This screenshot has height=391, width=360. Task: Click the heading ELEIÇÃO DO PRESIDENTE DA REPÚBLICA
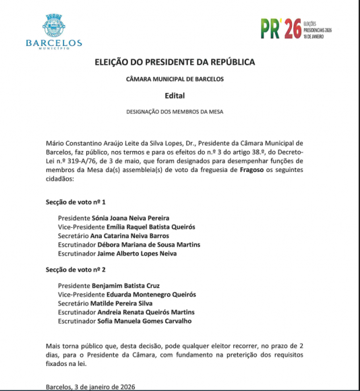pos(175,62)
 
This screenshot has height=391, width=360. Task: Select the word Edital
pos(175,96)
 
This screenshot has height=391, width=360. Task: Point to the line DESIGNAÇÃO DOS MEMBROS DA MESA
pos(175,111)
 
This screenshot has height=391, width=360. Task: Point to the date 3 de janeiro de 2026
pos(104,387)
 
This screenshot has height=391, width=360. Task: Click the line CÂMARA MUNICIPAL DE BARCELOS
pos(175,79)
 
